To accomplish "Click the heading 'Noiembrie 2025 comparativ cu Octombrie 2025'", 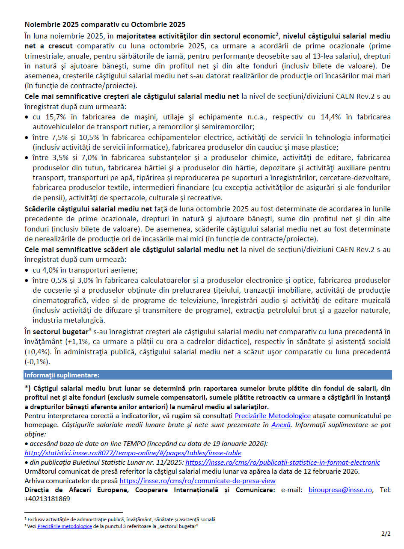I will [105, 24].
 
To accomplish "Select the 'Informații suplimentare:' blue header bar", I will [208, 375].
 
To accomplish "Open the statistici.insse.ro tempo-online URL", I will [133, 453].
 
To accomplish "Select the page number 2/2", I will [386, 534].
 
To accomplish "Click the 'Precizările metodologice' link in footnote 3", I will [65, 526].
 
